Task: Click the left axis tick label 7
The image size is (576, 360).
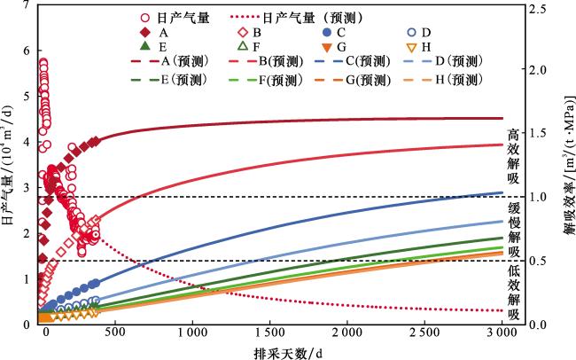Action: pyautogui.click(x=26, y=6)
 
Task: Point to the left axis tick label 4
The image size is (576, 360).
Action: pyautogui.click(x=26, y=142)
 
